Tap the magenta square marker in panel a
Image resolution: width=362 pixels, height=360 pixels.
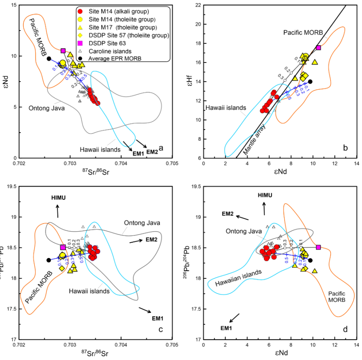tap(63, 51)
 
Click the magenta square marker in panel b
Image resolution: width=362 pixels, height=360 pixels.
tap(318, 48)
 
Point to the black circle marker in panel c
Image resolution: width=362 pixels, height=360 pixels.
tap(49, 260)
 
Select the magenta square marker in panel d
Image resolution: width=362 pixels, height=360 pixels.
tap(318, 247)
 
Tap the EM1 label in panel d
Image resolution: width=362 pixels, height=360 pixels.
tap(226, 328)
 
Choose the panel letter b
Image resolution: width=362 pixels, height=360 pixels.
tap(345, 148)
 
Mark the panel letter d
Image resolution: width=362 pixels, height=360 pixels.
tap(345, 329)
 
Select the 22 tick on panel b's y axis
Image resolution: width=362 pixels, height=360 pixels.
tap(197, 5)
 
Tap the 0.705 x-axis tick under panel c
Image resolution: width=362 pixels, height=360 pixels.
tap(172, 346)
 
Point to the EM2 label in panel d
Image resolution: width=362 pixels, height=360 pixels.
tap(228, 214)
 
